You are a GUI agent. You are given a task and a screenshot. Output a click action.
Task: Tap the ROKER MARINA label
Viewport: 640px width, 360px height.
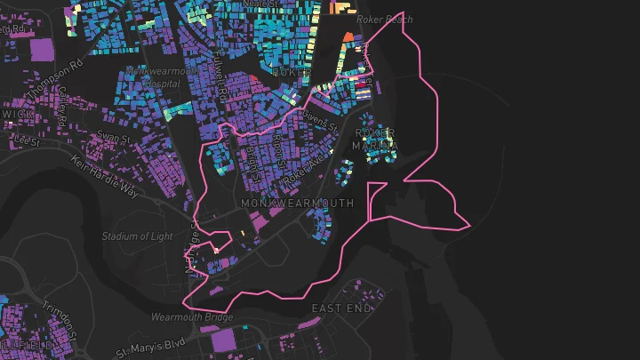tap(374, 140)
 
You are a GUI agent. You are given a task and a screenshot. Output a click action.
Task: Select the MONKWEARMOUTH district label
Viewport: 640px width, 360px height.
tap(297, 204)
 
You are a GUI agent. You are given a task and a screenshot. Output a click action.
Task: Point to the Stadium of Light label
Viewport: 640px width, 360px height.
tap(137, 236)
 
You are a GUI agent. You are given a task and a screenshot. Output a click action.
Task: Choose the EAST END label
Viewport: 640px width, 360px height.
tap(341, 308)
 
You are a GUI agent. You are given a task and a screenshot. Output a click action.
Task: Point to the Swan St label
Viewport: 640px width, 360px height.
tap(114, 137)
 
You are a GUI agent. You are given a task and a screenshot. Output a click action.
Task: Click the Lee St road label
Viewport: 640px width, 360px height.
tap(28, 140)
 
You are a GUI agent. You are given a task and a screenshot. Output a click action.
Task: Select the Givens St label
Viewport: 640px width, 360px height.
tap(323, 119)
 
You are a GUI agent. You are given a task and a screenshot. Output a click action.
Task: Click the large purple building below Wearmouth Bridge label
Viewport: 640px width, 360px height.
tap(227, 343)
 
